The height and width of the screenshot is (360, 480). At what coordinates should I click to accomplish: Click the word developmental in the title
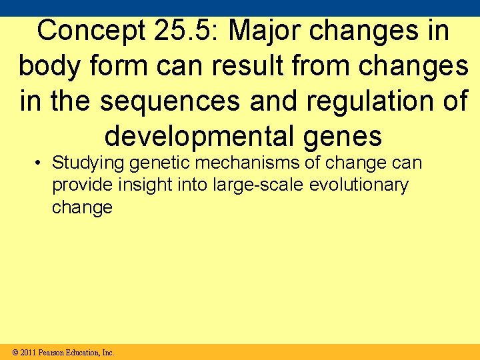click(199, 136)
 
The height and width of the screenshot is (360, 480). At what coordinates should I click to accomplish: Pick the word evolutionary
click(359, 185)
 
